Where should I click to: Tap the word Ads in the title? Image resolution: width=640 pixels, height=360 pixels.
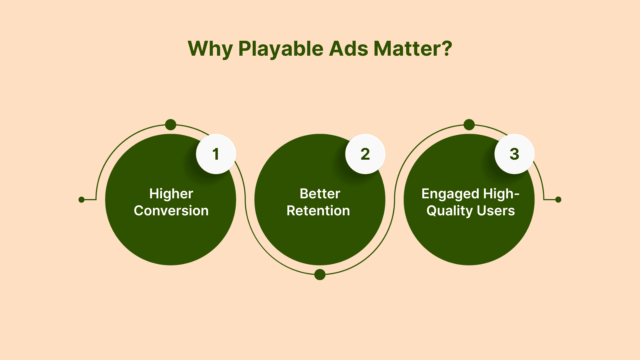[x=349, y=49]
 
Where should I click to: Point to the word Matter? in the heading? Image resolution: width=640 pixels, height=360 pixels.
[x=413, y=49]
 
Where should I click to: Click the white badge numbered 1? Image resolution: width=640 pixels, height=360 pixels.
[x=216, y=154]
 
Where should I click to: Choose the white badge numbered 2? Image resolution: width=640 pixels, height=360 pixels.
[x=365, y=154]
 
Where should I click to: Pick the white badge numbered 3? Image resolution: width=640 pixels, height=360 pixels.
[x=515, y=154]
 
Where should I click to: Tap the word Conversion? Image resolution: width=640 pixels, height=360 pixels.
[x=171, y=211]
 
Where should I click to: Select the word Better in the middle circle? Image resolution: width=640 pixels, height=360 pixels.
[x=320, y=194]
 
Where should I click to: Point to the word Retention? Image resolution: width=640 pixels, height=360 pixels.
[x=318, y=211]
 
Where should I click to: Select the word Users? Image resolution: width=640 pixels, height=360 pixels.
[x=496, y=211]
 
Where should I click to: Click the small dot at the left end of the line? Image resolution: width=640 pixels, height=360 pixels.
[x=81, y=200]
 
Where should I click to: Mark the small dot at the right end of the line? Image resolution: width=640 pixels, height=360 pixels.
[x=558, y=200]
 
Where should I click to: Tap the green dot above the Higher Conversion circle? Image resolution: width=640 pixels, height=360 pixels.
[x=171, y=125]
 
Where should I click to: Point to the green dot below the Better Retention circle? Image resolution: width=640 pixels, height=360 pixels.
[x=320, y=274]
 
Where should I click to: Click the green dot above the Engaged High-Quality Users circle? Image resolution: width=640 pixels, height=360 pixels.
[x=469, y=125]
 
